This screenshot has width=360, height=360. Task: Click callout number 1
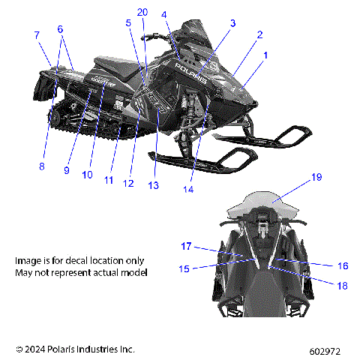point(265,55)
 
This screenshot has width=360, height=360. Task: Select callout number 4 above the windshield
point(164,14)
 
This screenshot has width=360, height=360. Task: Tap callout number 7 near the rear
point(36,35)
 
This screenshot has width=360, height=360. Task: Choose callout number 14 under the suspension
point(188,190)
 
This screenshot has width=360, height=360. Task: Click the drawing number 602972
point(329,350)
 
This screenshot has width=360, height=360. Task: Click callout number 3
point(233,23)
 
